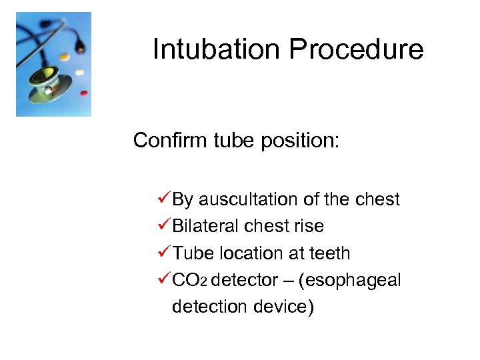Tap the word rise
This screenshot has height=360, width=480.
[307, 226]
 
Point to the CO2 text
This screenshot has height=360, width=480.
[189, 281]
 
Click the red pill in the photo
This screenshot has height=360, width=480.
[83, 93]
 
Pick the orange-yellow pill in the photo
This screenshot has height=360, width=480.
[64, 56]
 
